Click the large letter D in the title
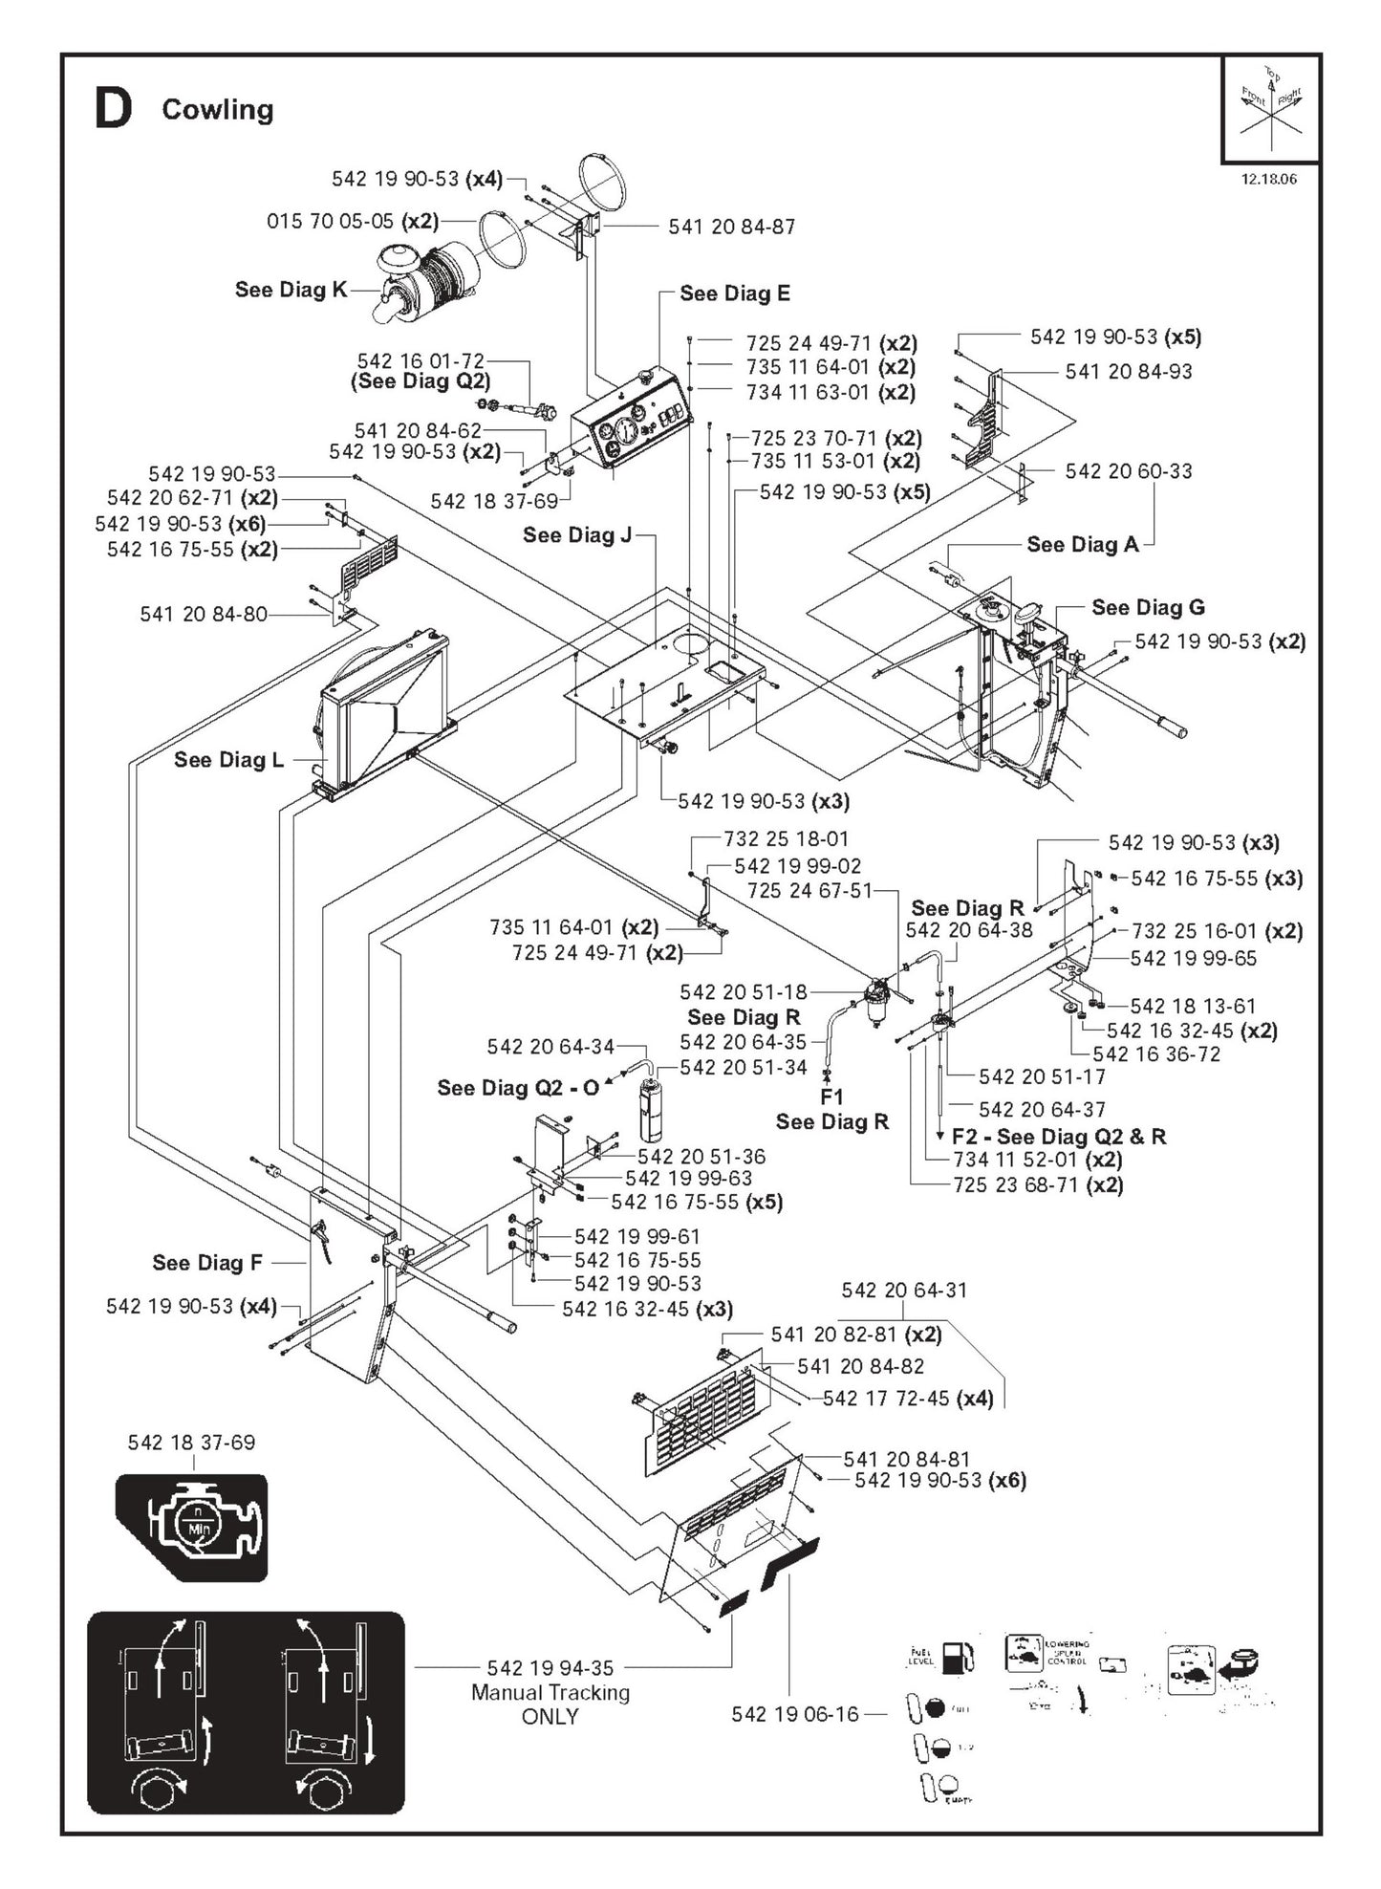click(114, 109)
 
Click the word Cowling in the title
click(217, 110)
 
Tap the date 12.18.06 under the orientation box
click(1268, 179)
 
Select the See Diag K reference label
click(291, 290)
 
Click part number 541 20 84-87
click(731, 227)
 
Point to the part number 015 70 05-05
click(330, 222)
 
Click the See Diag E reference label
click(734, 293)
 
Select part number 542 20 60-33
click(1128, 470)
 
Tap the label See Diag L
click(228, 760)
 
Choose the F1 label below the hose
click(831, 1096)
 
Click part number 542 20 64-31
click(903, 1291)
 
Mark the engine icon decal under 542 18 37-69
click(192, 1527)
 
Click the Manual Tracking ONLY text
click(550, 1704)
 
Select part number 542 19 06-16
click(795, 1714)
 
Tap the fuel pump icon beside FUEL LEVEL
click(958, 1658)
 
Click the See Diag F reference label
click(206, 1263)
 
